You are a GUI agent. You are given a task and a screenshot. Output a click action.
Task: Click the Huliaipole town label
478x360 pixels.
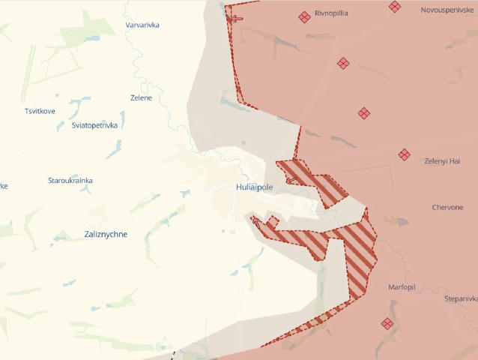(x=254, y=187)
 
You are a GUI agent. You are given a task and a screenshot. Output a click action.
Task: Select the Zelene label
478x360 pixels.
(x=141, y=98)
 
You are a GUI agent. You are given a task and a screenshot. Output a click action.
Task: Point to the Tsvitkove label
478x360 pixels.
(x=40, y=111)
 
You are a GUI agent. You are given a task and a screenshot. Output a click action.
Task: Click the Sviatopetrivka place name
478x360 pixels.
(x=94, y=125)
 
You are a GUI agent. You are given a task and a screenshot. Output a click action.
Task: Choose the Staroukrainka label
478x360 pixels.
(x=70, y=181)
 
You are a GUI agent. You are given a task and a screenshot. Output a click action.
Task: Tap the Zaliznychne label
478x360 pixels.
(x=100, y=234)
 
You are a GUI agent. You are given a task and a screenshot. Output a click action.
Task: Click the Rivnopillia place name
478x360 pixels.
(x=331, y=13)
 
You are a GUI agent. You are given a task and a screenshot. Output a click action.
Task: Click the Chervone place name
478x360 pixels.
(x=447, y=208)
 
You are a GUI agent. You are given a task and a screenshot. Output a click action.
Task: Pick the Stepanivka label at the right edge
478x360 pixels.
(x=460, y=298)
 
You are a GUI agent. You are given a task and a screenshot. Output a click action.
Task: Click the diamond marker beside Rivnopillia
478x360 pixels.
(x=304, y=16)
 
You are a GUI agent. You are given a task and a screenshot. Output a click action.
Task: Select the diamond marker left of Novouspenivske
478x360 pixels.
(x=395, y=7)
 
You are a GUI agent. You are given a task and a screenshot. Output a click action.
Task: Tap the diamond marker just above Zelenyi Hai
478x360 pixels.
(x=405, y=154)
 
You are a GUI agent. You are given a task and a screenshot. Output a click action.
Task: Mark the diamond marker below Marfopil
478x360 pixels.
(x=387, y=324)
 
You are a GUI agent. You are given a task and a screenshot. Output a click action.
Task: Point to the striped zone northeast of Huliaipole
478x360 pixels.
(x=315, y=180)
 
